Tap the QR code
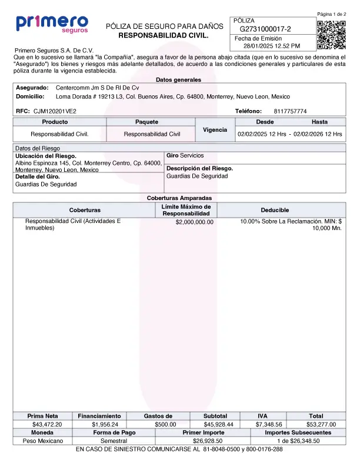click(331, 35)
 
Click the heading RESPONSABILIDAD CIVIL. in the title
click(164, 36)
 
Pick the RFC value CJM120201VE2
click(55, 111)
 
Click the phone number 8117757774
click(290, 111)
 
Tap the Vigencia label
click(215, 129)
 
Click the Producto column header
click(59, 122)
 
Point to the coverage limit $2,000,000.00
click(194, 222)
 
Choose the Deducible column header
click(275, 210)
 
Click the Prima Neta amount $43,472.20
click(47, 424)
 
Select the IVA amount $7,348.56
click(269, 424)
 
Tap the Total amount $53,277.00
click(321, 424)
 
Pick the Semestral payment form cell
click(114, 441)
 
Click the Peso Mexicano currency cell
click(42, 441)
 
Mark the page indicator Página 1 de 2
click(331, 14)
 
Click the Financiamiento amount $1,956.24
click(105, 424)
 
